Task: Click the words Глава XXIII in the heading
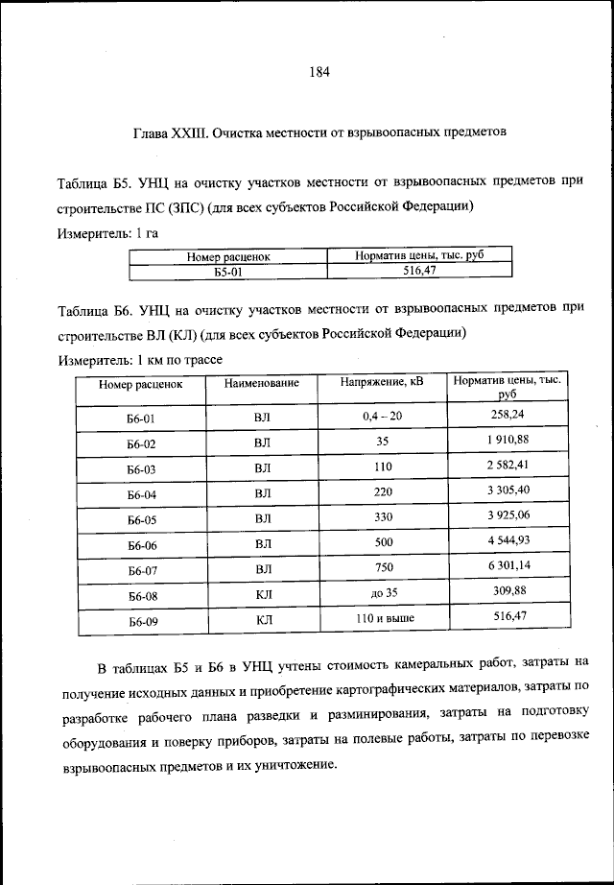[x=169, y=132]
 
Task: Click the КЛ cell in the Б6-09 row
[x=264, y=620]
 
